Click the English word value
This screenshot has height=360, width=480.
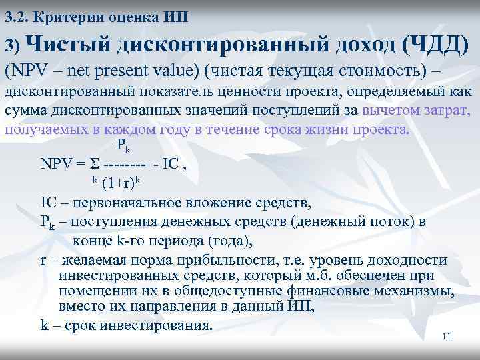tap(173, 70)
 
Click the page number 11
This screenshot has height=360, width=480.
tap(447, 337)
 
